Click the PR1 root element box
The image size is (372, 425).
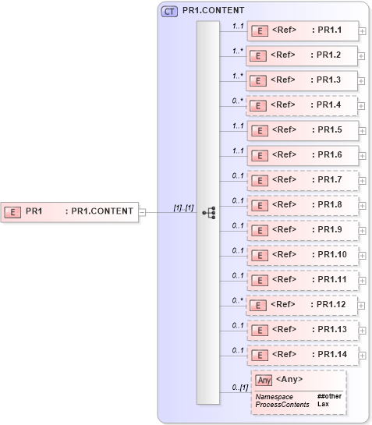point(70,211)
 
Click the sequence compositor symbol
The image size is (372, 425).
point(208,211)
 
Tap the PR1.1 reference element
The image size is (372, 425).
point(302,30)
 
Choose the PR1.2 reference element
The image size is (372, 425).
point(302,55)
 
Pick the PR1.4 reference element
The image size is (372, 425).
point(302,105)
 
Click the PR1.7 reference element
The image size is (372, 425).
point(302,179)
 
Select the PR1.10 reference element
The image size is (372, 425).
point(302,254)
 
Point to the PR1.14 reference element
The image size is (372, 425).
point(302,354)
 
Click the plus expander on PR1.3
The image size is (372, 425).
point(363,80)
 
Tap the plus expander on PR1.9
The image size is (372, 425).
point(363,230)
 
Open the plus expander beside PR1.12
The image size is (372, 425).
point(363,305)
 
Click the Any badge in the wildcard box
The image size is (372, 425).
point(264,381)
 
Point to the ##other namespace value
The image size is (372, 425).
point(329,396)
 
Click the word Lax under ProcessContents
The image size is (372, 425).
point(322,404)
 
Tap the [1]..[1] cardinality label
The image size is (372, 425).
point(183,207)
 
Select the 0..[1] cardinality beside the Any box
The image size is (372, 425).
point(239,388)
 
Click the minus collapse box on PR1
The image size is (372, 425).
point(142,211)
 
